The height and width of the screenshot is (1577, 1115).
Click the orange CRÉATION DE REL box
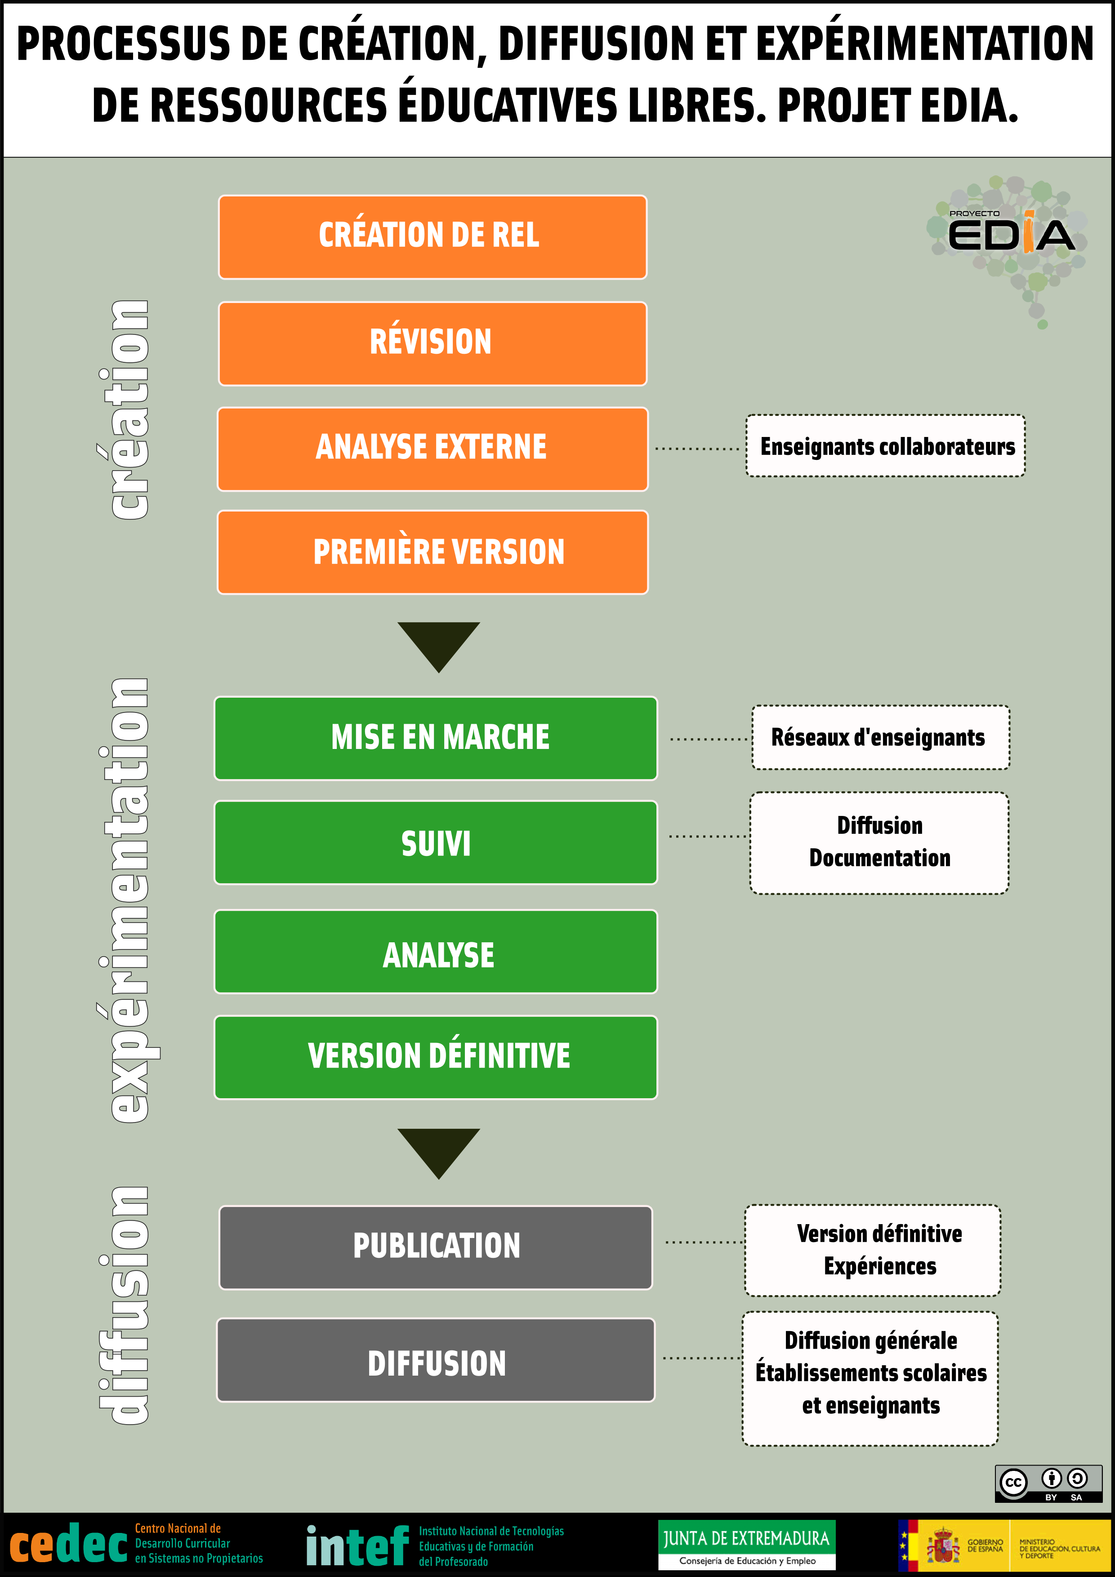coord(432,237)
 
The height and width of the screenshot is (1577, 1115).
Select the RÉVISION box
coord(432,343)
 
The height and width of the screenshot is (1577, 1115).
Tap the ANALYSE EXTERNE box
coord(432,449)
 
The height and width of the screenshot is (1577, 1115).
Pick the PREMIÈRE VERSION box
coord(432,552)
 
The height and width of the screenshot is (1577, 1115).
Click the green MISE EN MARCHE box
coord(436,738)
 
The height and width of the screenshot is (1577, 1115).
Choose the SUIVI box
coord(436,843)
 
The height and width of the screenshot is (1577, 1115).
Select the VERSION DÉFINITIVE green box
coord(436,1057)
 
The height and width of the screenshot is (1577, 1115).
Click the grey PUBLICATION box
coord(436,1247)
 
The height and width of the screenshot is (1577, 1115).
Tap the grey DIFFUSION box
coord(436,1359)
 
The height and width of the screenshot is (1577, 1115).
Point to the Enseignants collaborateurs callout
coord(886,446)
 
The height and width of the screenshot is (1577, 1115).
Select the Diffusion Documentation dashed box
coord(879,843)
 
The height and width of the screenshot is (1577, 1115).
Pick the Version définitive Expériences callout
coord(873,1250)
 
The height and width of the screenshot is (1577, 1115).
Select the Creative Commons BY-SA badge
coord(1048,1483)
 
